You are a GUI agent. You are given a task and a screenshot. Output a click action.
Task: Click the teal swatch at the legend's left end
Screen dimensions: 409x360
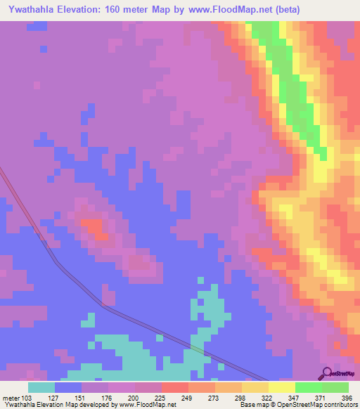coord(41,387)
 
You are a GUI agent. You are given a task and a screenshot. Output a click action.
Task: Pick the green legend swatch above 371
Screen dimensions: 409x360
coord(309,387)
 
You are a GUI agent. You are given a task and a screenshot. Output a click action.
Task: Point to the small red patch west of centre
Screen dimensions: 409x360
coord(93,226)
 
